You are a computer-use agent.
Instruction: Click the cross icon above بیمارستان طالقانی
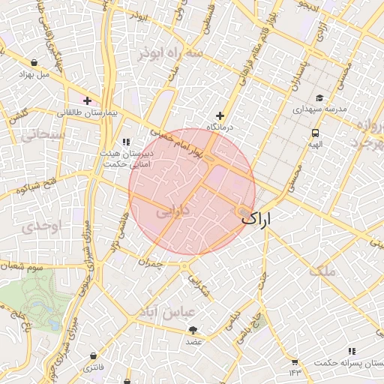(88, 100)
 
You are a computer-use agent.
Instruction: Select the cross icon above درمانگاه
(220, 115)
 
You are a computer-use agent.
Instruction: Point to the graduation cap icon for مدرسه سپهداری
(320, 97)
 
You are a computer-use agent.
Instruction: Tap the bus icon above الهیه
(316, 133)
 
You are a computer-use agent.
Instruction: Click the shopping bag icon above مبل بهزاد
(34, 63)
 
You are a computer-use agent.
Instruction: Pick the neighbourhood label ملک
(322, 271)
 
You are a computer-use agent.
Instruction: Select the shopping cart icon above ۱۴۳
(295, 361)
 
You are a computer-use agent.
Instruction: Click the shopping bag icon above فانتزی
(92, 355)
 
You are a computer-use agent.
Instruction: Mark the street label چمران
(150, 262)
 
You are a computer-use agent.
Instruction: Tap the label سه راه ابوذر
(170, 53)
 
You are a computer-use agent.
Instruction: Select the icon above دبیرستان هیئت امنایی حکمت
(126, 141)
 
